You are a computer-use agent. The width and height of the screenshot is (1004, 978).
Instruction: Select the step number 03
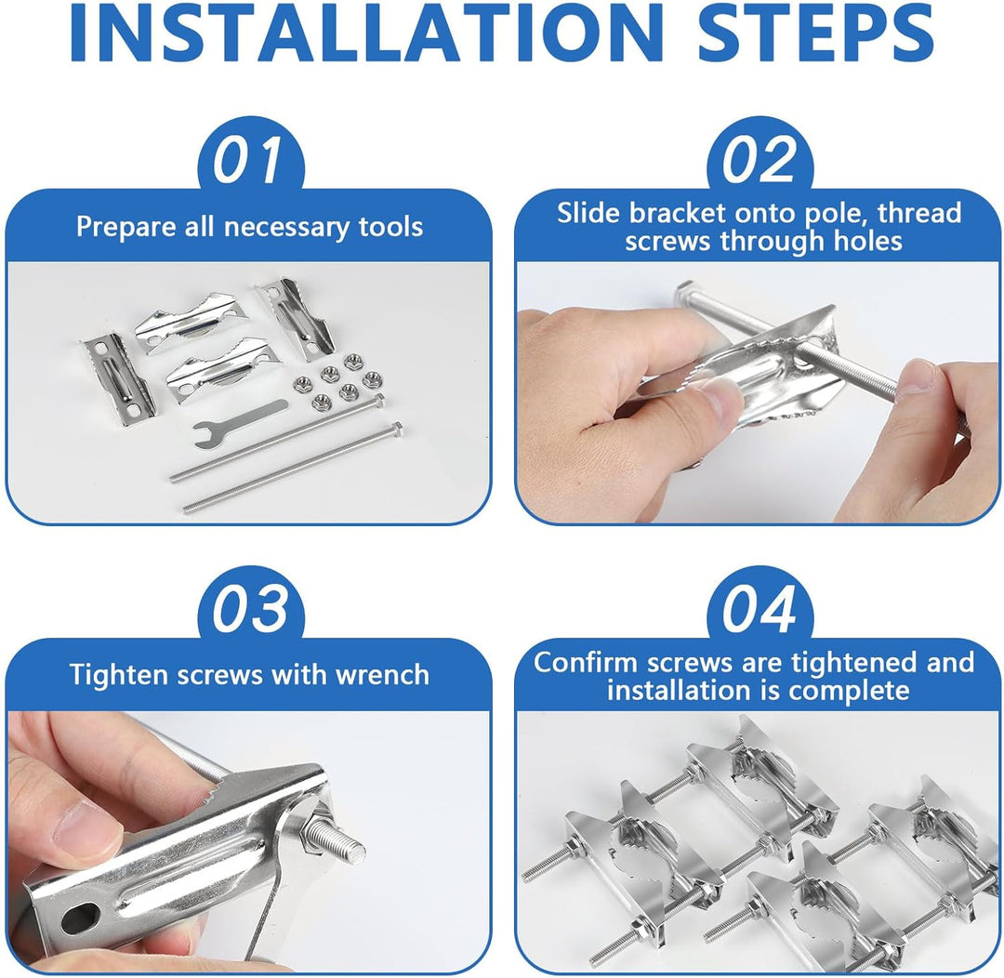point(250,609)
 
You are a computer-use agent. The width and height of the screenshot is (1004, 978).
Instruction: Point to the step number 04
point(760,609)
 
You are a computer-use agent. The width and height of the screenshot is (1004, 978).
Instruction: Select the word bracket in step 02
point(678,213)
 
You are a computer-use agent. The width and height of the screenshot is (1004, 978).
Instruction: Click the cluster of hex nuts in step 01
point(337,382)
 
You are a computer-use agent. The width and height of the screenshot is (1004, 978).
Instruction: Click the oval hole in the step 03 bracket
point(81,918)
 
